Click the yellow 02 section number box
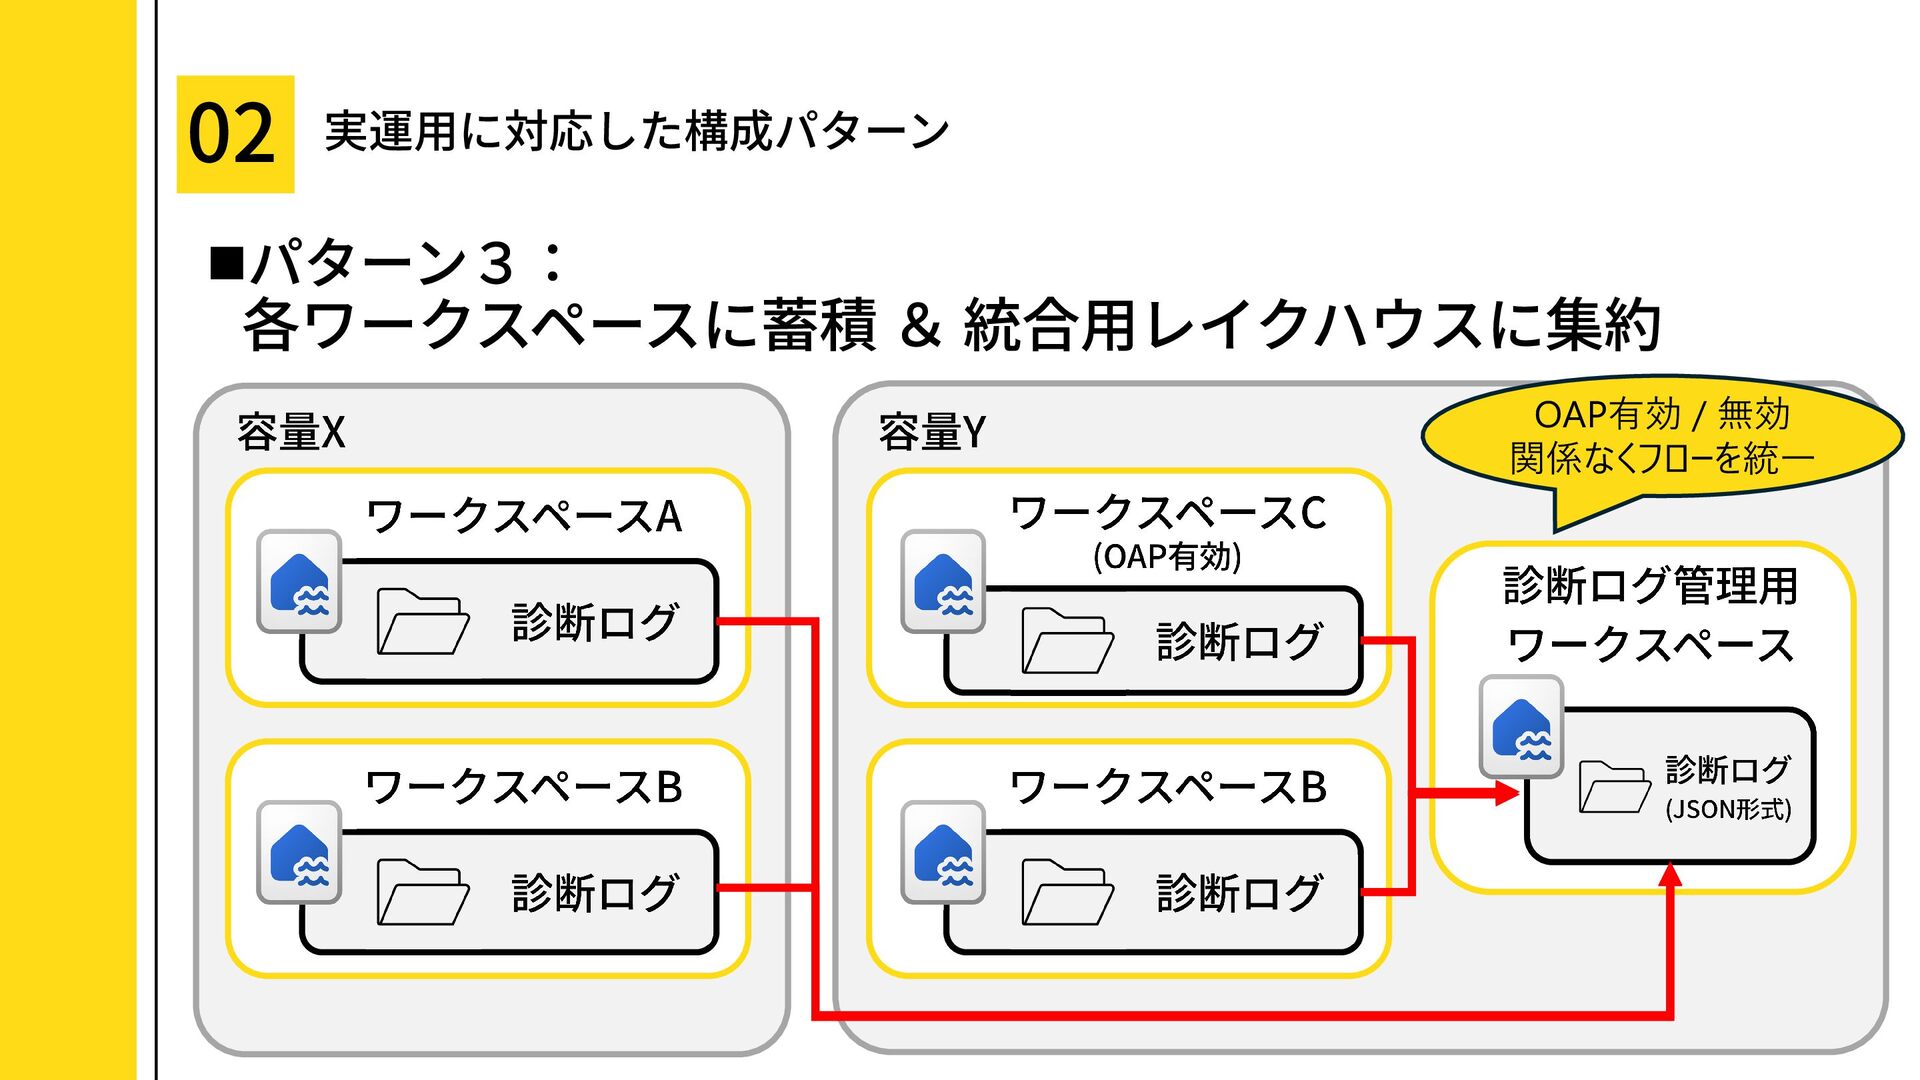click(235, 134)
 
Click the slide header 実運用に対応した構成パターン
click(637, 132)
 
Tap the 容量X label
click(291, 433)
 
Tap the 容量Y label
click(932, 433)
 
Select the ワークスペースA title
click(524, 517)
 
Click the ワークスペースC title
click(1168, 513)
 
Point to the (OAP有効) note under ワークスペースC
click(1167, 557)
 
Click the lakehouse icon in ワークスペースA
click(299, 582)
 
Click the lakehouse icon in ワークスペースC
click(943, 582)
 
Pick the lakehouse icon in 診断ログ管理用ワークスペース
click(1521, 727)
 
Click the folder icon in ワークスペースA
click(423, 621)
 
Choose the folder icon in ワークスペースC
click(1067, 640)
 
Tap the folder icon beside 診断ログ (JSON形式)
click(1615, 787)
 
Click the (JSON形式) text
click(1728, 809)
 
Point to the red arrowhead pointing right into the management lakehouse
click(1507, 794)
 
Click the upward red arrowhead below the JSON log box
click(1670, 876)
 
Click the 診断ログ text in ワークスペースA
click(595, 622)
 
